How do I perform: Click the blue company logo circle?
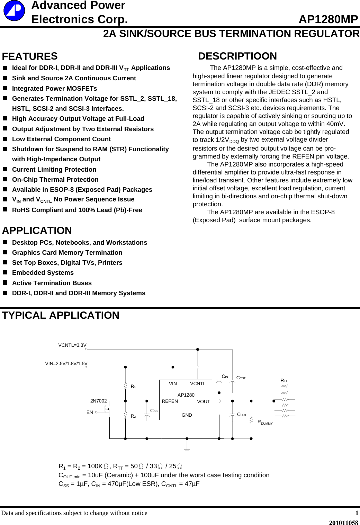click(x=14, y=10)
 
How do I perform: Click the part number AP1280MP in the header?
click(x=328, y=19)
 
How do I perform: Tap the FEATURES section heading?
click(x=30, y=56)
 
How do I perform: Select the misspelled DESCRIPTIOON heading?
click(x=237, y=56)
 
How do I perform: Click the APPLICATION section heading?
click(x=37, y=230)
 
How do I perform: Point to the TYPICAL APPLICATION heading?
click(x=61, y=315)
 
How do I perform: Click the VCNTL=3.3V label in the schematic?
click(x=72, y=345)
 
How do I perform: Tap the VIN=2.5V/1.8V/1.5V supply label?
click(x=66, y=363)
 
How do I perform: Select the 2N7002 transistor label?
click(x=98, y=401)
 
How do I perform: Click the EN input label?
click(x=90, y=412)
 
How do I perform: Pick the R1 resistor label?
click(x=133, y=386)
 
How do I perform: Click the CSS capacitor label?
click(x=154, y=411)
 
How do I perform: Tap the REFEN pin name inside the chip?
click(x=170, y=401)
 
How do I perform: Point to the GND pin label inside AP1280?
click(x=187, y=415)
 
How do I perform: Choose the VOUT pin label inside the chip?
click(x=204, y=401)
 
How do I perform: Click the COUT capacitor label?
click(x=242, y=415)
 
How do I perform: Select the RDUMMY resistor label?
click(x=265, y=422)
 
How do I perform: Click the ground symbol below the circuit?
click(x=187, y=450)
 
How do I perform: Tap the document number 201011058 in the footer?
click(x=343, y=523)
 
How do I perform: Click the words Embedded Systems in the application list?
click(x=43, y=273)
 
